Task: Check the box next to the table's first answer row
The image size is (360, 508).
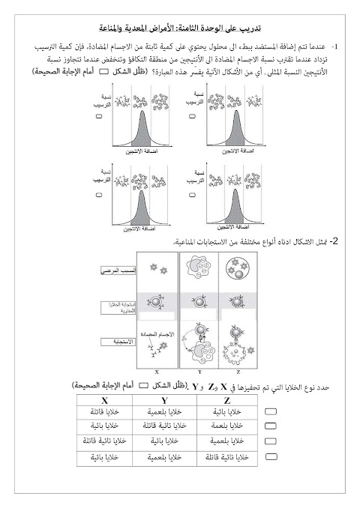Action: click(272, 412)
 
